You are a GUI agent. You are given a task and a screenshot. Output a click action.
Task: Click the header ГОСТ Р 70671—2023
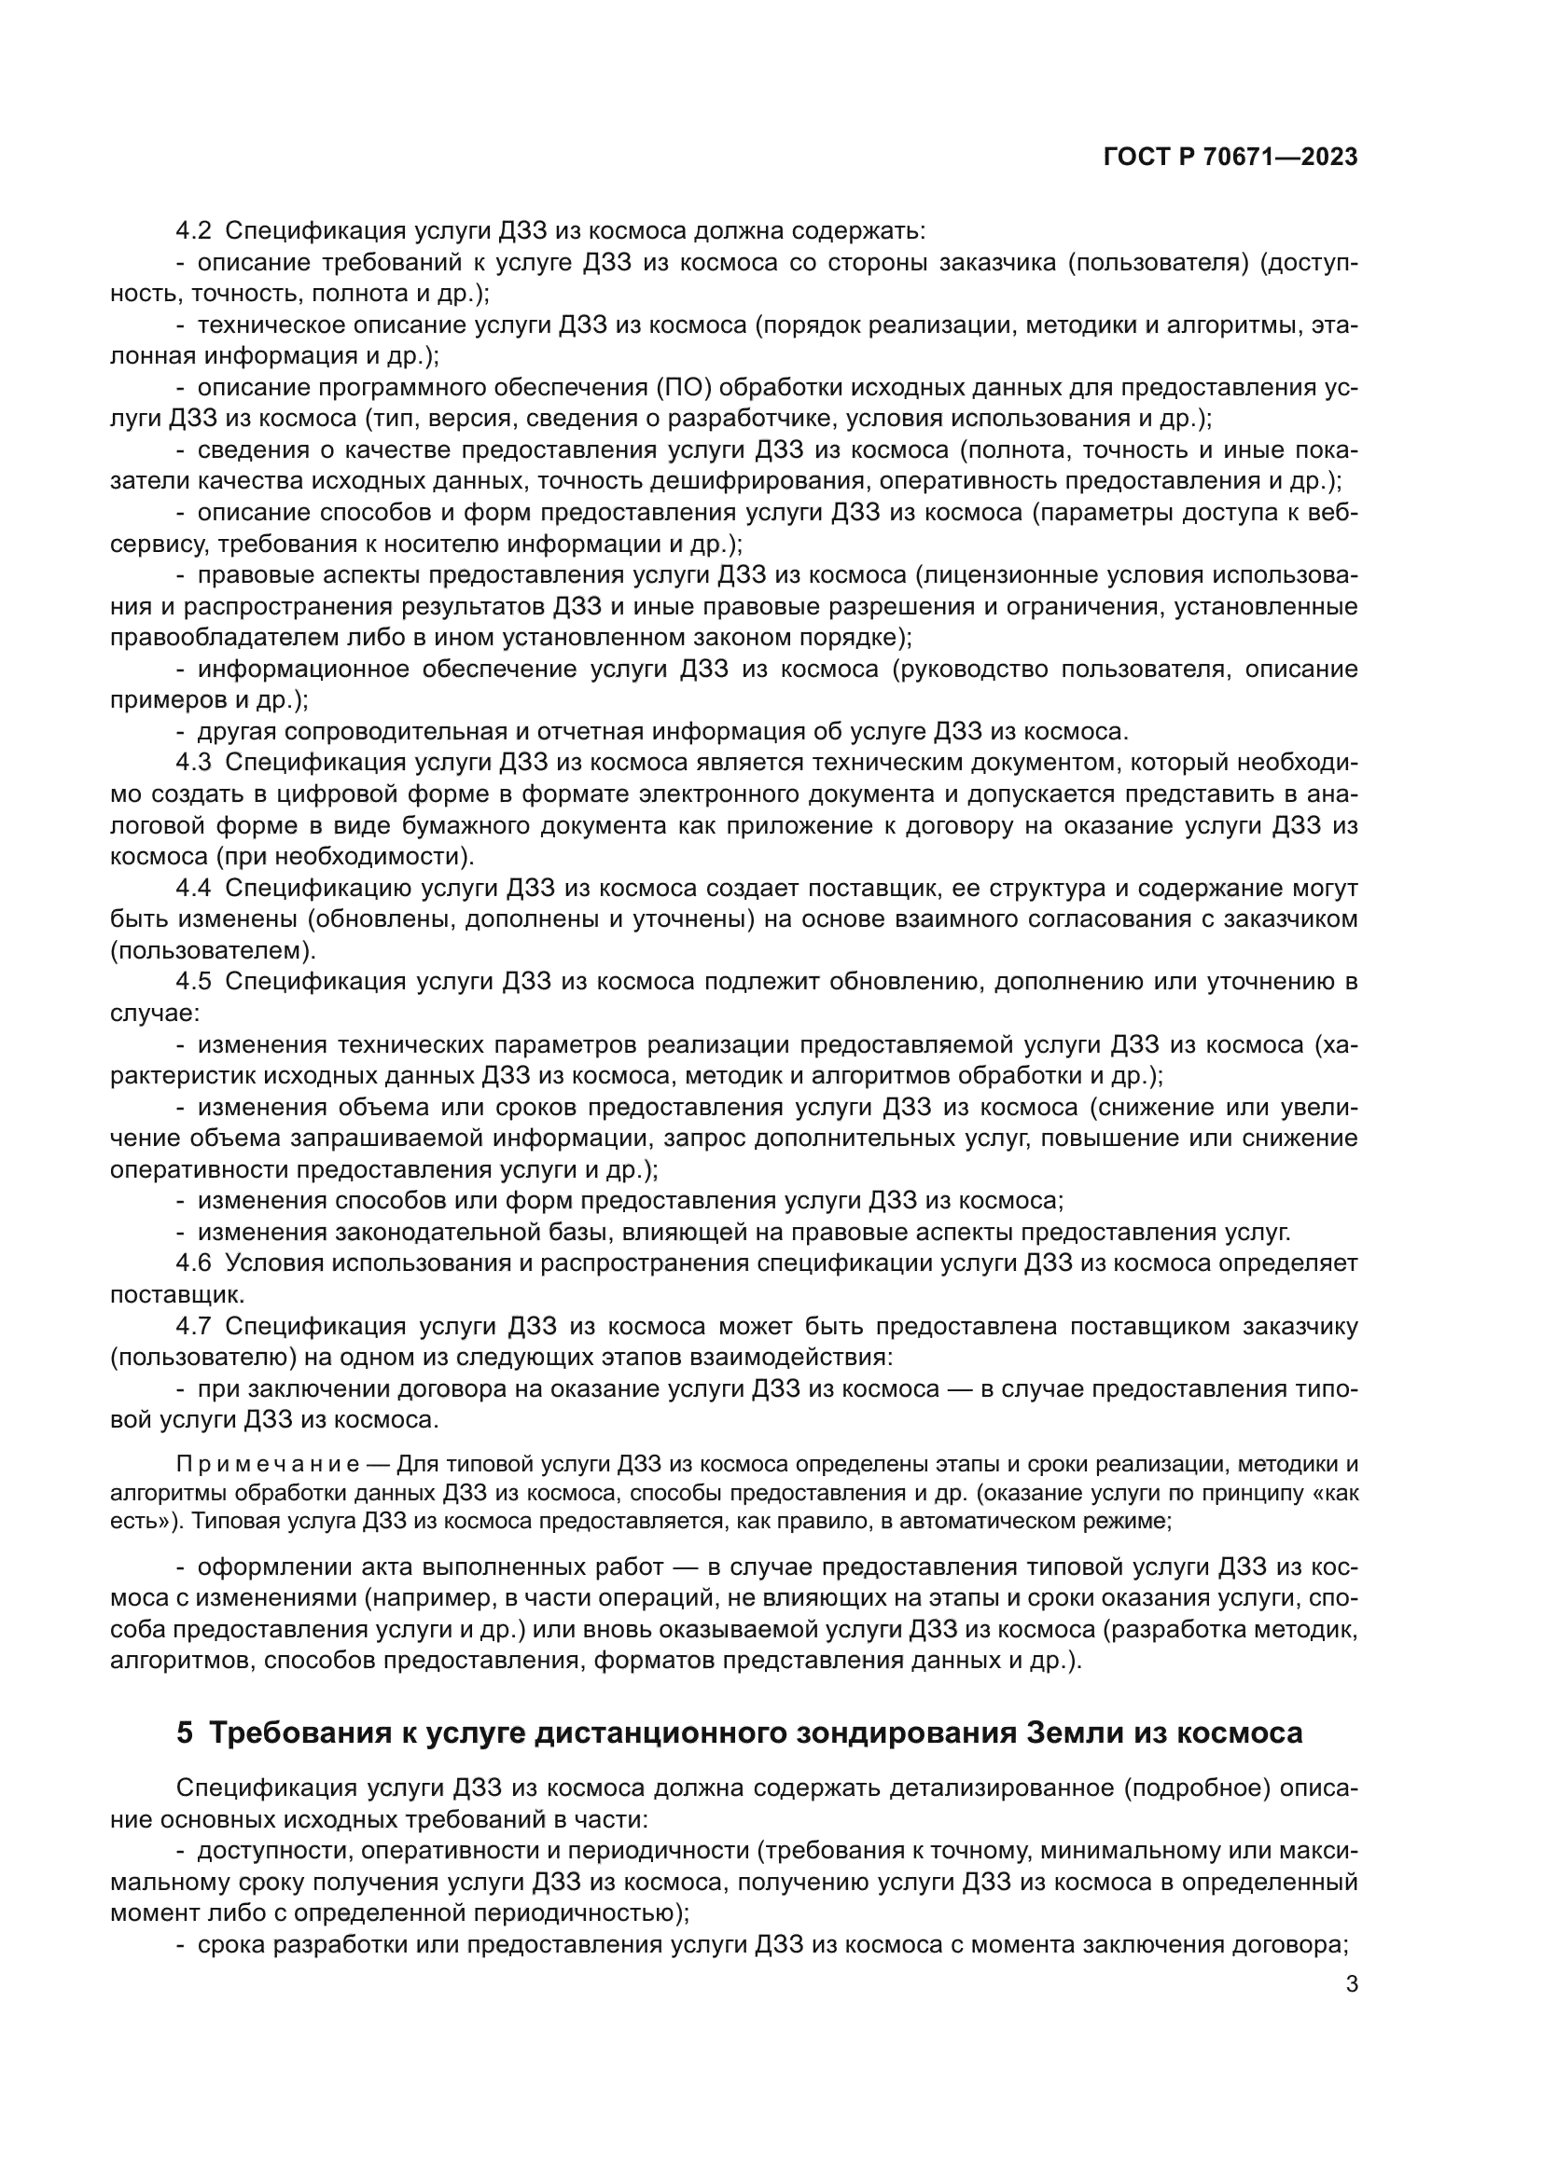1230,158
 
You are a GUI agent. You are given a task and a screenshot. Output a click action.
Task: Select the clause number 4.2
194,231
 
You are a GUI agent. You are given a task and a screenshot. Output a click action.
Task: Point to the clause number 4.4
194,890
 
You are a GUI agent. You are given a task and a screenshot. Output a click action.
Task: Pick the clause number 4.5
194,983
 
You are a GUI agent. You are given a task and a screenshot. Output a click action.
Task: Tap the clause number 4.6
194,1264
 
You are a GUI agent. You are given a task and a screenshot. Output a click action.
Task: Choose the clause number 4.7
194,1327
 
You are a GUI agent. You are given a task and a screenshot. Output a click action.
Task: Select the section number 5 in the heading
185,1732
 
